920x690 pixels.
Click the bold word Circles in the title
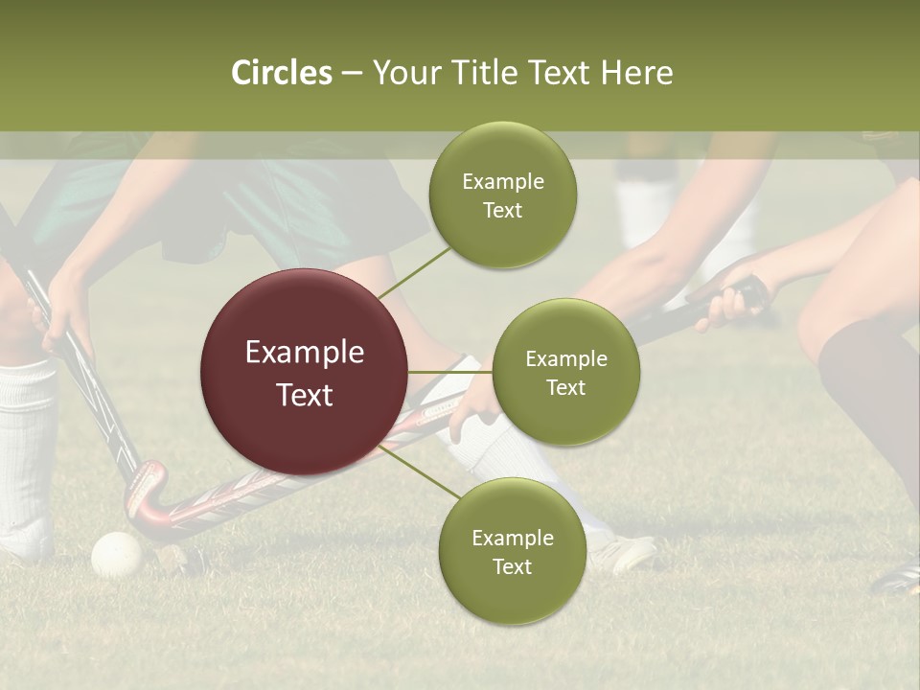[x=282, y=73]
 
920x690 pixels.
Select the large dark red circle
[x=304, y=373]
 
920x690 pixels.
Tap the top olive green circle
[x=502, y=195]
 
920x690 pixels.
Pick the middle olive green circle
[x=565, y=373]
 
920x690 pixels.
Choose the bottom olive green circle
[x=512, y=552]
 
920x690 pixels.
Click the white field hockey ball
[x=116, y=554]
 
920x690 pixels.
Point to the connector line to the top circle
[x=414, y=271]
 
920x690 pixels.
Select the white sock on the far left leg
[x=26, y=450]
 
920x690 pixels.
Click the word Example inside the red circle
[x=304, y=353]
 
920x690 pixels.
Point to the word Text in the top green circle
[x=502, y=211]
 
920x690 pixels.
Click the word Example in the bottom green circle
[x=512, y=539]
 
